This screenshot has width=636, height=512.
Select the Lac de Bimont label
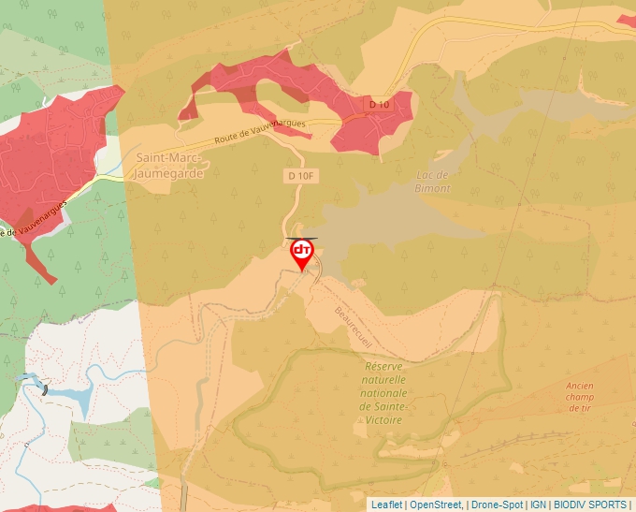(x=432, y=182)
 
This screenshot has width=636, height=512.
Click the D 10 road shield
(x=378, y=105)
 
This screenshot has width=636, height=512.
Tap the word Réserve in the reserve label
(x=383, y=367)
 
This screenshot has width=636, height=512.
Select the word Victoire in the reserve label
(x=383, y=420)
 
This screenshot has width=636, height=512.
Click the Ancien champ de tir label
(x=579, y=397)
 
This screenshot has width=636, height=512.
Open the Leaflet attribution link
(x=386, y=505)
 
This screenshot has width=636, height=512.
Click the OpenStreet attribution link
(x=436, y=505)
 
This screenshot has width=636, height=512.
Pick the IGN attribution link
(x=538, y=505)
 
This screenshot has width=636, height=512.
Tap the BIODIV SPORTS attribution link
(x=590, y=505)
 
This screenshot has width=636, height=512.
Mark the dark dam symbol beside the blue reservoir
(x=44, y=388)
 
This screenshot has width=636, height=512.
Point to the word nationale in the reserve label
(x=384, y=393)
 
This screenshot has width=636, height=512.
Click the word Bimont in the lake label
(x=432, y=188)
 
